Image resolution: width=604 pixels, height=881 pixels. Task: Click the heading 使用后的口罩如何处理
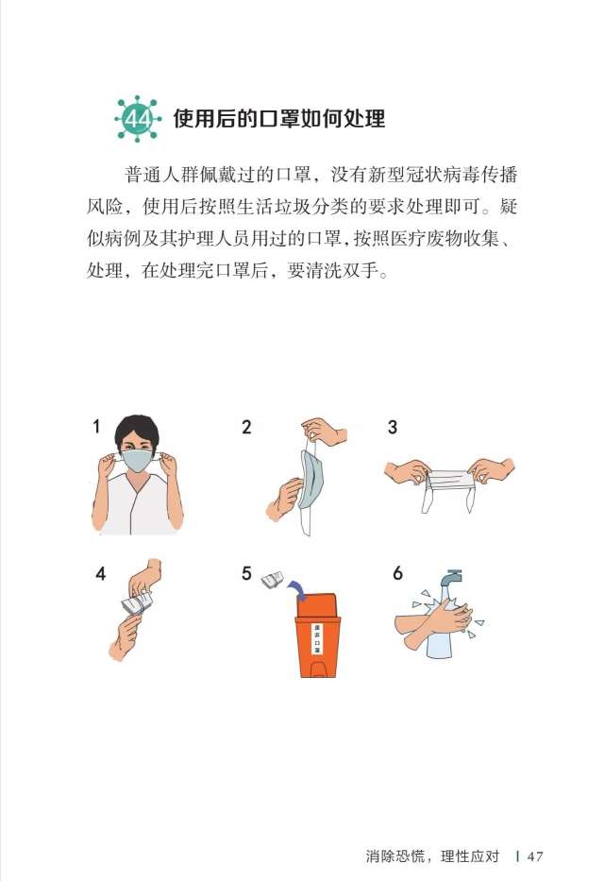pos(279,120)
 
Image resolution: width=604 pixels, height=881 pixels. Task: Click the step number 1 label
pos(96,426)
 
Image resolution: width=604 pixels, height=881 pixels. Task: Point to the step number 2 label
pos(246,426)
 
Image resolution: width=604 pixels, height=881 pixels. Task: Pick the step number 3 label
pos(392,426)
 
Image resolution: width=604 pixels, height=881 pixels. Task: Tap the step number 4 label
pos(100,572)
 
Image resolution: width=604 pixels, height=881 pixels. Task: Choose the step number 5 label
pos(246,572)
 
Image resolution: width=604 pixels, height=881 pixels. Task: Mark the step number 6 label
pos(397,572)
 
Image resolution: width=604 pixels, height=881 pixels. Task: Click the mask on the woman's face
pos(138,460)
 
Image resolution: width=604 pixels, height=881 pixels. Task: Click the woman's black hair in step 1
pos(138,430)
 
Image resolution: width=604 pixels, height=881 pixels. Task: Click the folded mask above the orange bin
pos(274,578)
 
